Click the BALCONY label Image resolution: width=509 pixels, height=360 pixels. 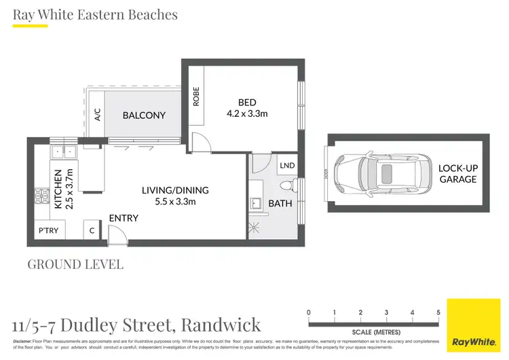click(x=144, y=115)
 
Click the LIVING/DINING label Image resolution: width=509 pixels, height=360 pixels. click(x=175, y=190)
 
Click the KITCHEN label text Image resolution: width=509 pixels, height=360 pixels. click(x=58, y=189)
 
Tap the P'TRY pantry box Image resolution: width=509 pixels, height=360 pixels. click(x=48, y=231)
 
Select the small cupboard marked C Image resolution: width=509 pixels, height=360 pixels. click(x=91, y=231)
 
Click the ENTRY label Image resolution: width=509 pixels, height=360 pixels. click(x=124, y=218)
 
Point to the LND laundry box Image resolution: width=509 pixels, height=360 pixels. click(x=287, y=165)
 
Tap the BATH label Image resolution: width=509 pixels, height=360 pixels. click(x=280, y=203)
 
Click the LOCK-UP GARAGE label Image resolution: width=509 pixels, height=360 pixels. click(x=457, y=174)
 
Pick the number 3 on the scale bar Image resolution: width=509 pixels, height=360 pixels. click(x=386, y=313)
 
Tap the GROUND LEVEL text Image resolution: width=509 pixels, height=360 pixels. click(x=75, y=264)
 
